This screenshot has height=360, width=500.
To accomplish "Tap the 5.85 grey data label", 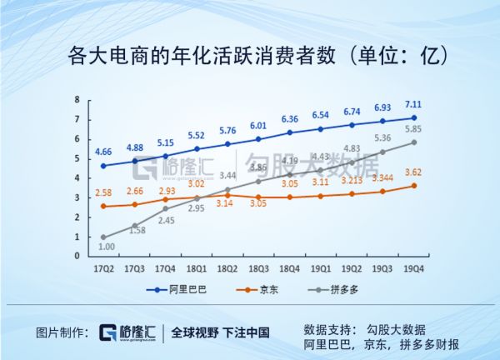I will point(412,128).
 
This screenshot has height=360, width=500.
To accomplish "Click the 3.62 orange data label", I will point(412,172).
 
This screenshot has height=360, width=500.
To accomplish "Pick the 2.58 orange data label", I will point(103,193).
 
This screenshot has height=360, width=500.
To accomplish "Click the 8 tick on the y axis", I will point(77,99).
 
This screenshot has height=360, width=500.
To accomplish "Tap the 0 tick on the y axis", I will point(77,257).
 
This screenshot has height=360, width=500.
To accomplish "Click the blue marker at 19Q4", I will point(412,117).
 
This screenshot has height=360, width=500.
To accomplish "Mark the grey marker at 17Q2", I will point(103,237).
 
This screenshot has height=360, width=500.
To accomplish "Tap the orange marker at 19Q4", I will point(412,186).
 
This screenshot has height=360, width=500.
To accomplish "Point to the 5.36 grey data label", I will point(381,138).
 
